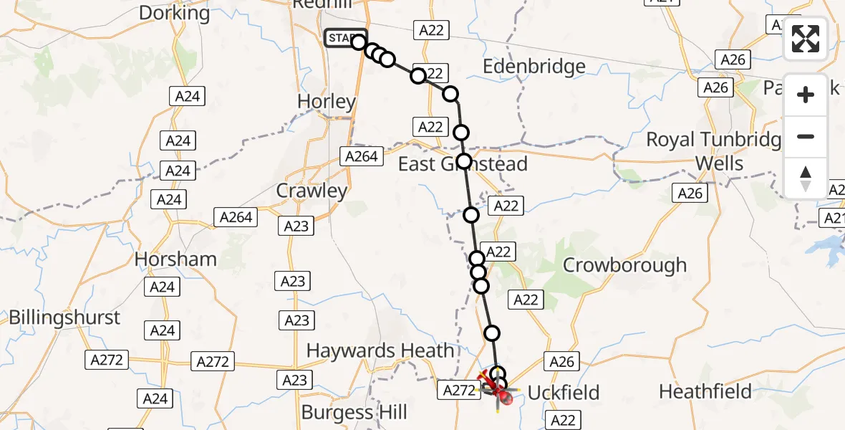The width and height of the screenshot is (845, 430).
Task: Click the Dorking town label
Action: (x=174, y=13)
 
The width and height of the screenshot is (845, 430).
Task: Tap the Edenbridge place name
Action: (x=533, y=67)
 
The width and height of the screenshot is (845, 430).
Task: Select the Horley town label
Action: (x=326, y=102)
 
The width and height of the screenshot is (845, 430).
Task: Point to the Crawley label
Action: (x=312, y=191)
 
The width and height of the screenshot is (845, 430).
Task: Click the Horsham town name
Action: (x=175, y=259)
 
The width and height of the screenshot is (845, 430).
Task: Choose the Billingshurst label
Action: (x=64, y=317)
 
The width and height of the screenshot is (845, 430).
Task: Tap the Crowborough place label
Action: (x=624, y=265)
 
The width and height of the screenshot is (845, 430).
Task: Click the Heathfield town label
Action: (x=705, y=392)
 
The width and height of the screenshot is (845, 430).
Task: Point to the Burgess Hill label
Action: (x=354, y=413)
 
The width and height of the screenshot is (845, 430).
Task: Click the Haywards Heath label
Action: (x=380, y=350)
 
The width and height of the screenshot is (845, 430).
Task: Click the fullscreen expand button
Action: (x=806, y=39)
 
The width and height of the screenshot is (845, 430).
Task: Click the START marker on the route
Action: (x=345, y=38)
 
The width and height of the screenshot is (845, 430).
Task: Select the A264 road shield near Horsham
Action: (x=236, y=217)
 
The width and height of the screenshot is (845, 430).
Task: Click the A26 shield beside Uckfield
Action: (x=561, y=362)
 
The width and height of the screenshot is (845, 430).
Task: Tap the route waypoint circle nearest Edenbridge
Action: (x=450, y=94)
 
